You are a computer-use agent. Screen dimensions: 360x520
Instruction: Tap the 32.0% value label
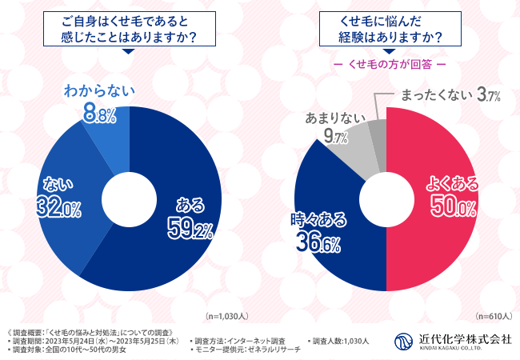tap(58, 209)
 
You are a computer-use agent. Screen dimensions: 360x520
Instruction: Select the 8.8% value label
tap(100, 116)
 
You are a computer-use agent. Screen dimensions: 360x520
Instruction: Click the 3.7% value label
tap(488, 96)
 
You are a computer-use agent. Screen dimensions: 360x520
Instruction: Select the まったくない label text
tap(433, 96)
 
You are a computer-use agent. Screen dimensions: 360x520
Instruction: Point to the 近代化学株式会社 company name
tap(464, 337)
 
